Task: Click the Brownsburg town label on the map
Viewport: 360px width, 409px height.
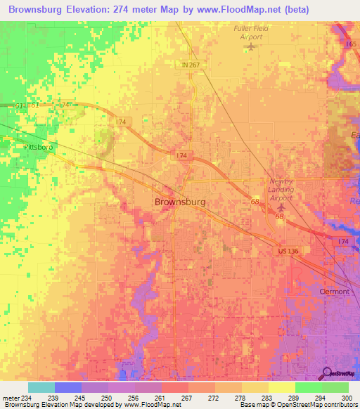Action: [180, 202]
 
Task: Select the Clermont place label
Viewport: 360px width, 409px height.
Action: [335, 291]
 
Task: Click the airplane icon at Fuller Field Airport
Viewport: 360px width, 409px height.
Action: [251, 47]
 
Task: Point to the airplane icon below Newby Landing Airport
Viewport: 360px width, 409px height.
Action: [282, 207]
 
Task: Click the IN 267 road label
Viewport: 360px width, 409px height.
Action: [184, 65]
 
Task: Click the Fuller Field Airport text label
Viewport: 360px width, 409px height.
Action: [251, 32]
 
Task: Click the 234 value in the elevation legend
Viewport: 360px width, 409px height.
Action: [27, 398]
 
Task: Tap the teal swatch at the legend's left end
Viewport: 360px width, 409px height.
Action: [41, 387]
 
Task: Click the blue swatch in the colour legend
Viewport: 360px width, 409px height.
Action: [67, 387]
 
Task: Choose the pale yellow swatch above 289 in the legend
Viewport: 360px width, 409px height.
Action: [281, 387]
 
